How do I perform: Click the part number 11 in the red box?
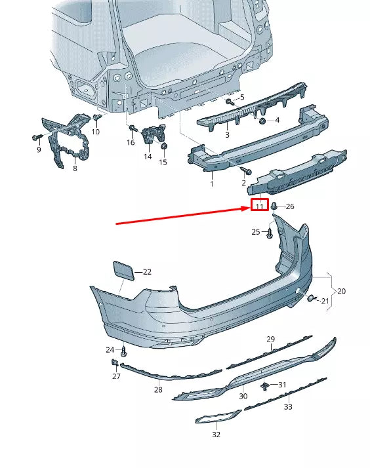[x=259, y=206]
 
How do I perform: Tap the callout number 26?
[x=290, y=206]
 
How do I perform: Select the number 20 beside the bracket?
[x=341, y=291]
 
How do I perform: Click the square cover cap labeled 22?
[x=122, y=269]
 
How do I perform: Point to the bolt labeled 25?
[x=268, y=233]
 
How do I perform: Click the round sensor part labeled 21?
[x=310, y=299]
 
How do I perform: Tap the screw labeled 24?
[x=123, y=351]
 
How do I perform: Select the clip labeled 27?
[x=114, y=362]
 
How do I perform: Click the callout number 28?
[x=157, y=389]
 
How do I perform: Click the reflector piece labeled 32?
[x=218, y=418]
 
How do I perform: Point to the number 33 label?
[x=288, y=407]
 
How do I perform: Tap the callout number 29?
[x=270, y=339]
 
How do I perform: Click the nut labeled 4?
[x=262, y=121]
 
